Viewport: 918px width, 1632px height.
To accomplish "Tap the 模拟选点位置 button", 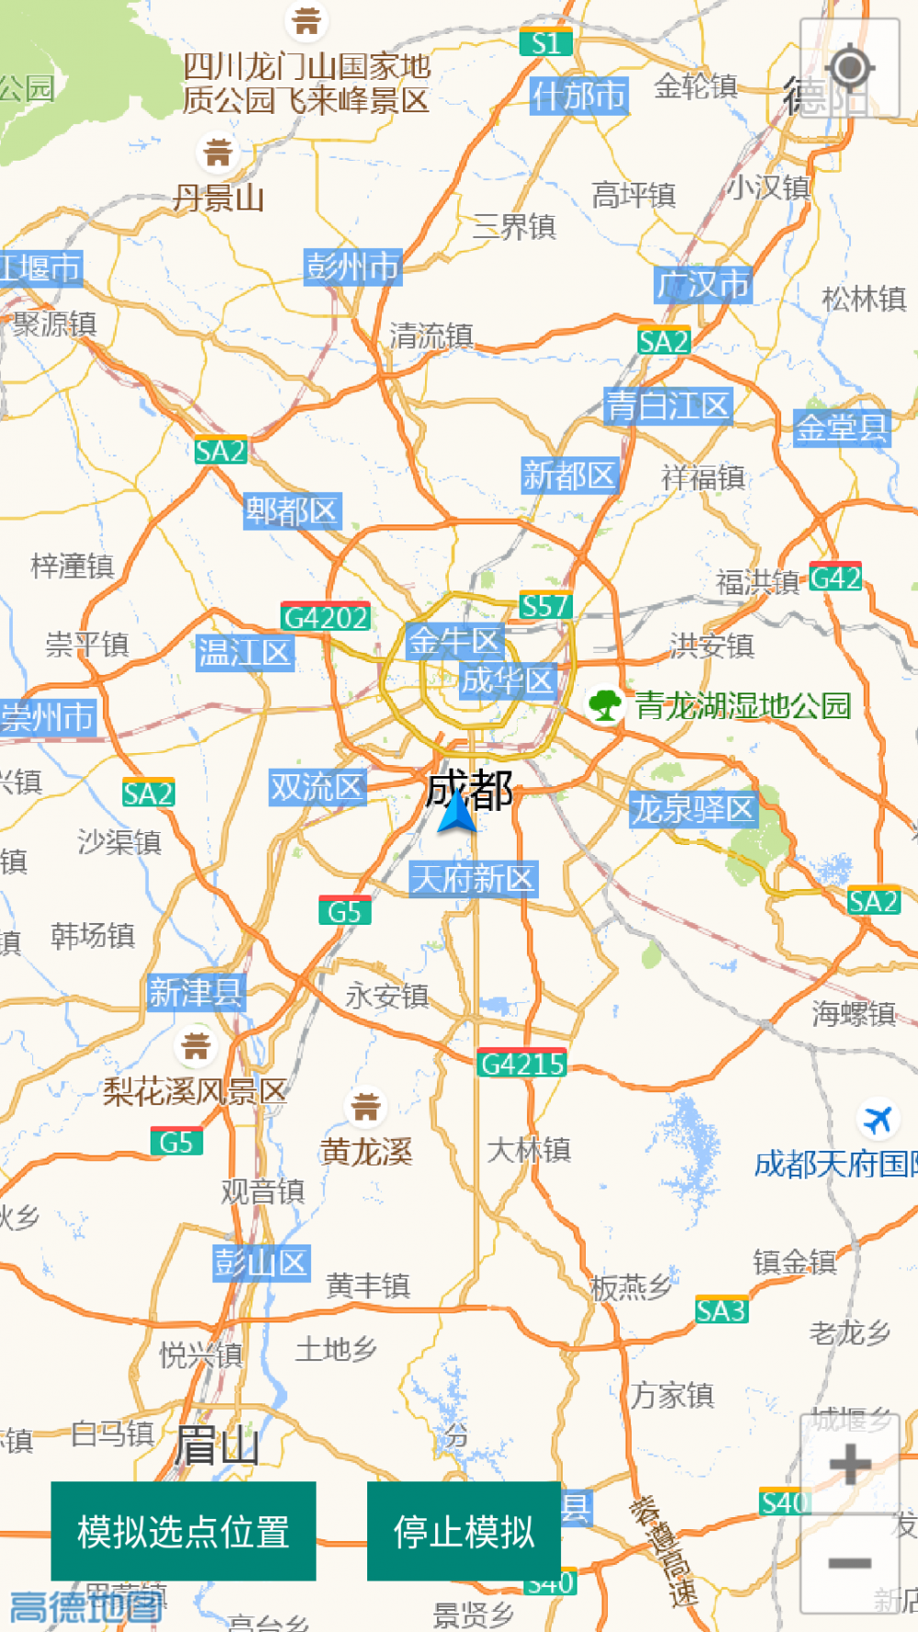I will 183,1531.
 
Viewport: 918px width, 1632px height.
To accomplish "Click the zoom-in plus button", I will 850,1464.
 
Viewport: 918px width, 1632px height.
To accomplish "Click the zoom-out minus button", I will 850,1562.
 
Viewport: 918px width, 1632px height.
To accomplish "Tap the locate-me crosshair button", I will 850,68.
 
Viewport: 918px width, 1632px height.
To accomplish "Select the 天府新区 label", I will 473,879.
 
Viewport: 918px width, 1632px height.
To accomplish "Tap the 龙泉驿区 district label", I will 693,809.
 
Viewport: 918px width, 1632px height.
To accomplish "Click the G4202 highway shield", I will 326,617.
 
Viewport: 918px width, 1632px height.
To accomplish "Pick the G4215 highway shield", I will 522,1064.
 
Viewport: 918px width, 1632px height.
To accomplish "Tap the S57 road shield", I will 545,606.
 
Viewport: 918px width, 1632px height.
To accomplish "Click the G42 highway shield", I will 835,578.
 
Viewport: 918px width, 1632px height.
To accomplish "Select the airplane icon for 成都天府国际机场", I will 878,1120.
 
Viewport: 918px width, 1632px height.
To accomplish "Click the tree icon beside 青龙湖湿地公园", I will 605,705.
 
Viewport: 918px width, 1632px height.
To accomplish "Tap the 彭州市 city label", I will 353,266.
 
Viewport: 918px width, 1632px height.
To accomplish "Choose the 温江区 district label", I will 244,653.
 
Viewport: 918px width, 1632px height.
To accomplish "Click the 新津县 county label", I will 196,993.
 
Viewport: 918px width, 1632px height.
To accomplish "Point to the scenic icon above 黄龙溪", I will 365,1107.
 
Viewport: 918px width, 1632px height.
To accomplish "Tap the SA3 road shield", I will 722,1311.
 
